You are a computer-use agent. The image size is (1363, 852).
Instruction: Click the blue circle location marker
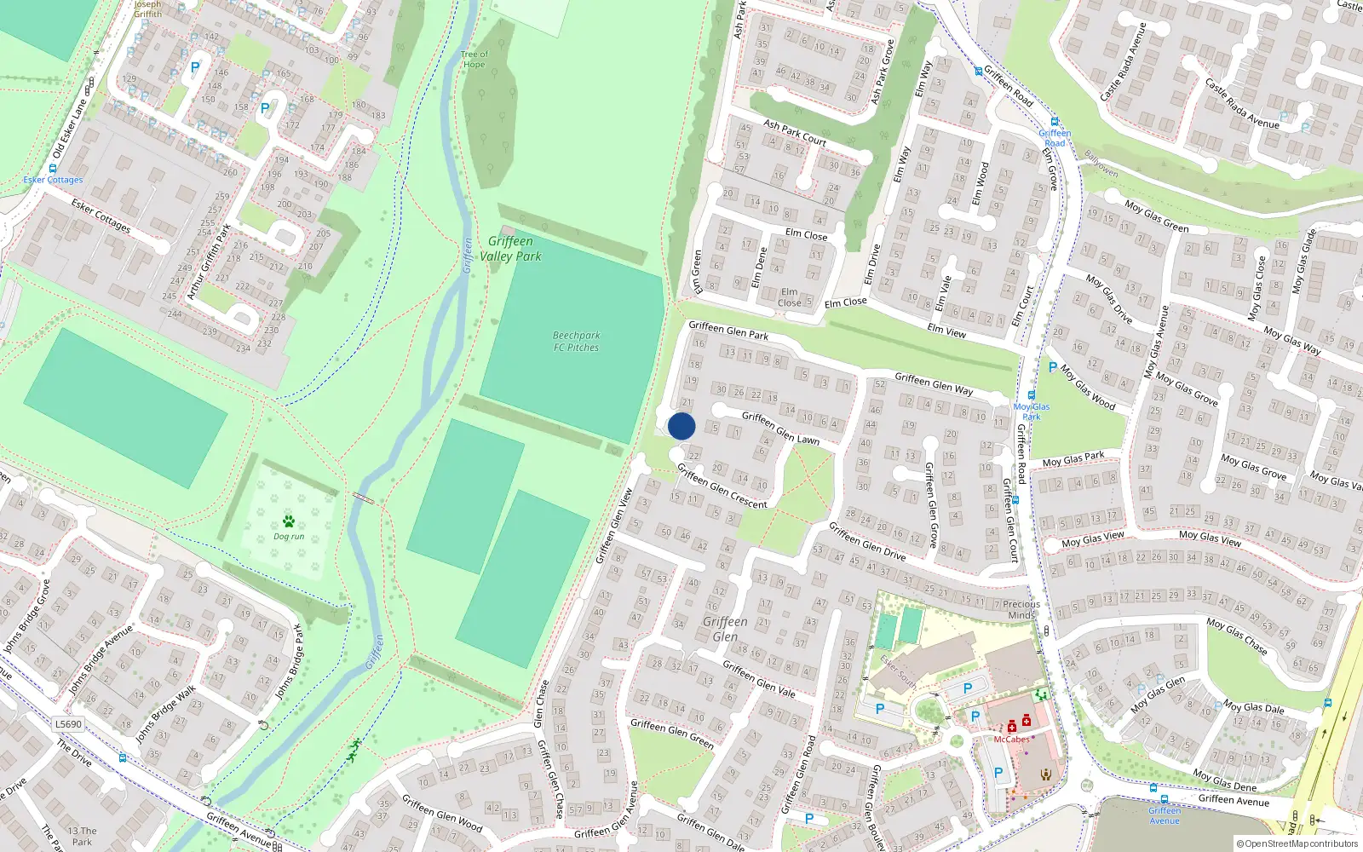tap(681, 426)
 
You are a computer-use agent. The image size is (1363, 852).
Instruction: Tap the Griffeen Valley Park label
tap(510, 249)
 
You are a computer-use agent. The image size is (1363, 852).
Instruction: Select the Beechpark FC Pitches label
tap(577, 342)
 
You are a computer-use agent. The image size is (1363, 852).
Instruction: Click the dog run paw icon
tap(289, 521)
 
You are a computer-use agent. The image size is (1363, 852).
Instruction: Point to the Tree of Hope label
tap(474, 60)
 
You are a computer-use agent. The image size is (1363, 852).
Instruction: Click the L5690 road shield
tap(68, 724)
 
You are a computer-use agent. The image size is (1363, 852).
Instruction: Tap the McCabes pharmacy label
tap(1011, 740)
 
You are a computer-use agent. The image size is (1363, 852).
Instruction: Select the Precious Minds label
tap(1021, 609)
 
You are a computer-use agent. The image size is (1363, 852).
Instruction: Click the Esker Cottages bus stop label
tap(53, 180)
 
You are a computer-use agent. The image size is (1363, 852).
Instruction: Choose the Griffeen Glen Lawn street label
tap(780, 428)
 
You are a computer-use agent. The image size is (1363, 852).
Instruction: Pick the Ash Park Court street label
tap(794, 132)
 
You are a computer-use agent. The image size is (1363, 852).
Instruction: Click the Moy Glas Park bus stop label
tap(1032, 412)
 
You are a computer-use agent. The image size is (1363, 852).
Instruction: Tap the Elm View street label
tap(946, 331)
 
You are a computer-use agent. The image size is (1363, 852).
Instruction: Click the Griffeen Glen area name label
tap(725, 629)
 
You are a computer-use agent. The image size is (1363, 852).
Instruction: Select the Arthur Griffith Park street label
tap(209, 262)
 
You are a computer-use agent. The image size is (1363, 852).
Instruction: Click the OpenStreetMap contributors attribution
tap(1297, 843)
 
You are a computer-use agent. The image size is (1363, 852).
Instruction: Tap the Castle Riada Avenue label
tap(1241, 104)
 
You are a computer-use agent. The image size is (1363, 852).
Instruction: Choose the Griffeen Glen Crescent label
tap(722, 486)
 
